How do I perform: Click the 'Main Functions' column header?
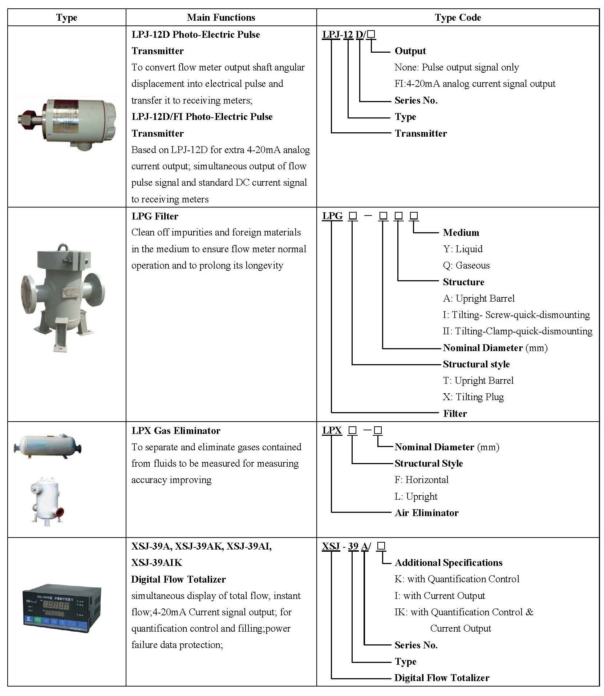221,17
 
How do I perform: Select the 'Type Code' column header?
458,17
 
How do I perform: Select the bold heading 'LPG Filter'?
155,216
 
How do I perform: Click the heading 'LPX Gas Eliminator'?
176,431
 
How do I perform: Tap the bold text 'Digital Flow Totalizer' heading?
178,579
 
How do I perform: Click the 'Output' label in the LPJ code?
410,51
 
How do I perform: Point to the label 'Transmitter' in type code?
421,133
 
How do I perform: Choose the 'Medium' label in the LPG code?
461,233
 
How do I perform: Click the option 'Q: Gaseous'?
466,265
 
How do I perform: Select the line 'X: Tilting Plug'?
473,397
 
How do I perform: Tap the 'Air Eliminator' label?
426,513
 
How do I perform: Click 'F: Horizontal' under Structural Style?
421,480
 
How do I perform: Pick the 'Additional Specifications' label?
448,563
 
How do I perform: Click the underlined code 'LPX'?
332,431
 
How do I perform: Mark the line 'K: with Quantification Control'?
457,579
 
